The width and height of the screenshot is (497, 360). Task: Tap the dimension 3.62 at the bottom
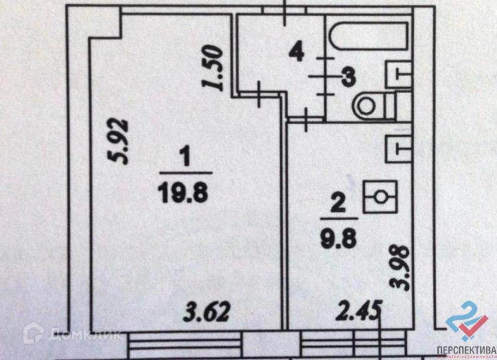[206, 313]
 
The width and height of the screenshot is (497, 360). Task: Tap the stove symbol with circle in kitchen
[379, 196]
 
